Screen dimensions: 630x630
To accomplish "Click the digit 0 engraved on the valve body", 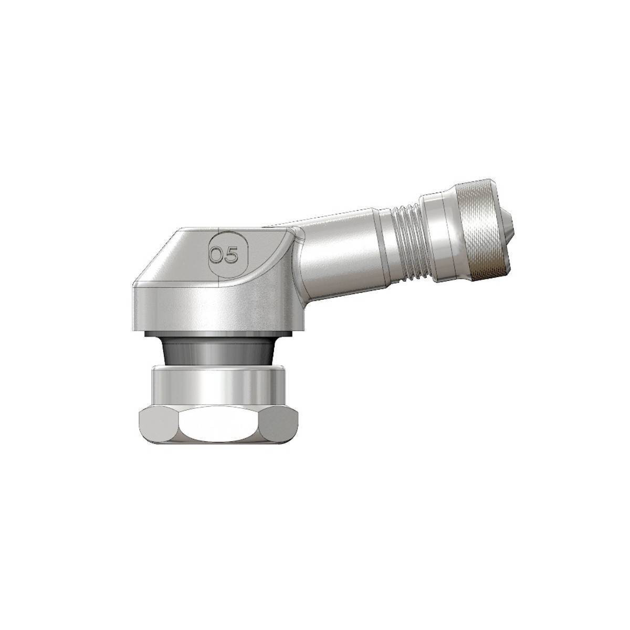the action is [216, 255].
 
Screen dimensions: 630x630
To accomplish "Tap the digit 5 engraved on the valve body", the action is [231, 255].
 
